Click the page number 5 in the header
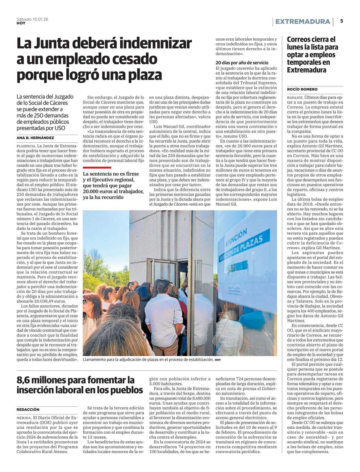[342, 21]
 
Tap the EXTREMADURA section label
[302, 22]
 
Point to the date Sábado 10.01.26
[32, 19]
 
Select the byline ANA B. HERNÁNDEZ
[35, 138]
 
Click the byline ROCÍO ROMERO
[302, 89]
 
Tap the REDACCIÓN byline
[28, 409]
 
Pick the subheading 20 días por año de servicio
[242, 63]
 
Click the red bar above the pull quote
[97, 168]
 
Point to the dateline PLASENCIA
[26, 146]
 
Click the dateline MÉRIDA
[24, 418]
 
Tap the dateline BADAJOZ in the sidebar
[295, 97]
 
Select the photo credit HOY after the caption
[217, 360]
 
